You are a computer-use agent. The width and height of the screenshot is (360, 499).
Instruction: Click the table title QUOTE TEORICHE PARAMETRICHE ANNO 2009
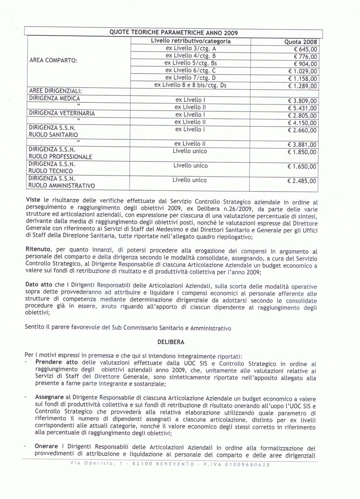[174, 33]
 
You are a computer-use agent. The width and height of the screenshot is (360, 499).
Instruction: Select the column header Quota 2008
[301, 42]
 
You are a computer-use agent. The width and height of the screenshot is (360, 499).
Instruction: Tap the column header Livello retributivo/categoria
[191, 41]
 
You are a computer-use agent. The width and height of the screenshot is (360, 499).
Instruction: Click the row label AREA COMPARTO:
[53, 60]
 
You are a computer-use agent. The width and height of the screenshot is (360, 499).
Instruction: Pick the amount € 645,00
[306, 50]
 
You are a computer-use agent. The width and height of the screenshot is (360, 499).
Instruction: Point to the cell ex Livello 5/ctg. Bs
[191, 63]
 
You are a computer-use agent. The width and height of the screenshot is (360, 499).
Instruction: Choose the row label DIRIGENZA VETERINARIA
[62, 113]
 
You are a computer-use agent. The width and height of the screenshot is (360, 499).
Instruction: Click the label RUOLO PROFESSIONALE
[60, 156]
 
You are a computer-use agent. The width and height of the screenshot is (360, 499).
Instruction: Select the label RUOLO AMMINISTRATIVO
[62, 186]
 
